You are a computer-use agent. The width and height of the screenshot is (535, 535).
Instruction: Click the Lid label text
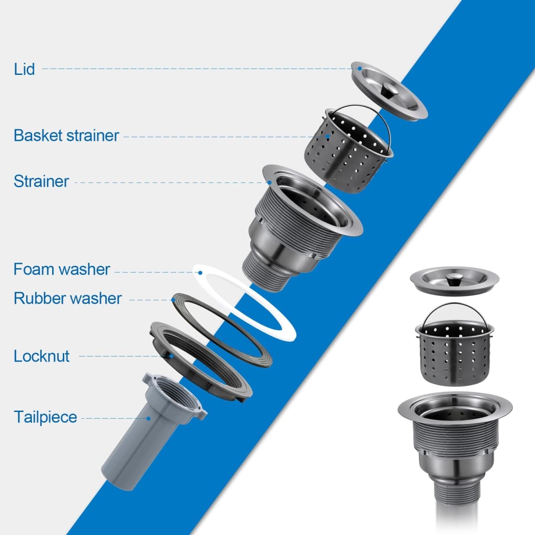tap(25, 69)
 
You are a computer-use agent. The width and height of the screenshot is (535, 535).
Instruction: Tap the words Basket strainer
tap(66, 136)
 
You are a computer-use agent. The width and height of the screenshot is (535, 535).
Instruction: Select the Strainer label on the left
tap(41, 181)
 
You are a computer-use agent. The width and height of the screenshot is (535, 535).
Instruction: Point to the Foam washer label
tap(62, 269)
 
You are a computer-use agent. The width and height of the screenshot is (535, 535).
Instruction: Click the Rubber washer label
tap(68, 298)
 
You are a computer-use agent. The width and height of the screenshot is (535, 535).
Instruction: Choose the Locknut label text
tap(41, 356)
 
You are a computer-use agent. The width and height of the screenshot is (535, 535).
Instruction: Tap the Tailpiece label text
tap(45, 417)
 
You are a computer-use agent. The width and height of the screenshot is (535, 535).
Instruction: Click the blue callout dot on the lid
tap(359, 68)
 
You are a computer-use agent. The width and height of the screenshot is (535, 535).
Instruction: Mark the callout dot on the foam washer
tap(200, 273)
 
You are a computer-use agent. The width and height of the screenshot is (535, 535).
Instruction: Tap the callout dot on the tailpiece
tap(149, 418)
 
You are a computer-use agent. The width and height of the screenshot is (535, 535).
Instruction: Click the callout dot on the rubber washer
tap(173, 300)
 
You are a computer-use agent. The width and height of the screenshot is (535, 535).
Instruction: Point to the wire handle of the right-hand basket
tap(454, 304)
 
